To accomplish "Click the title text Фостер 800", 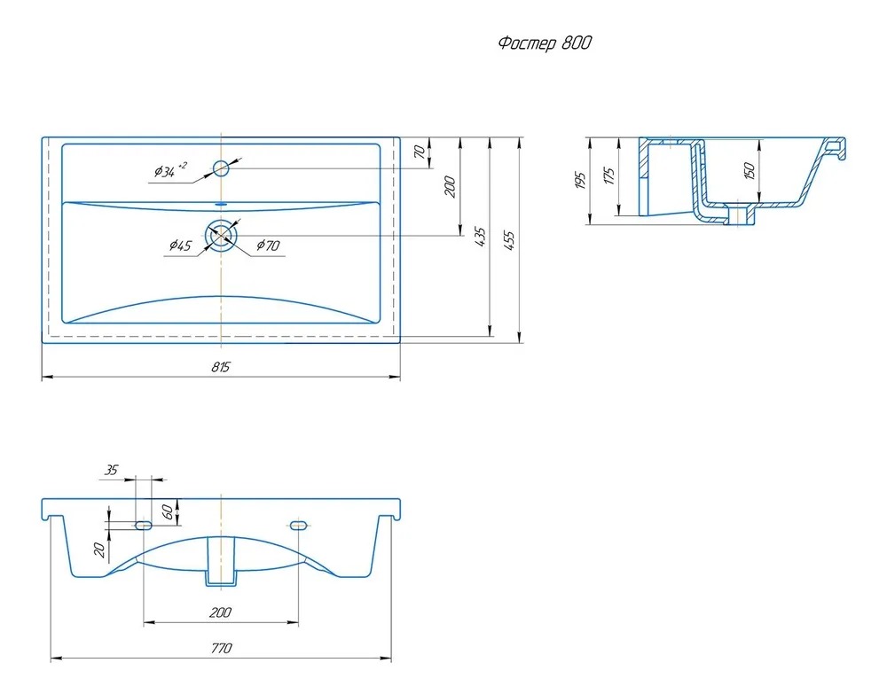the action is coord(545,43).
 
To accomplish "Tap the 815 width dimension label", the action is coord(221,367).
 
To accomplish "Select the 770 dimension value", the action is coord(221,648).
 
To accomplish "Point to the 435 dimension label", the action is coord(479,238).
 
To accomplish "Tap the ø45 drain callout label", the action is coord(180,246).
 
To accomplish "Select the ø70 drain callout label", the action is coord(268,246).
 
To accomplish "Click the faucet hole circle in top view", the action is coord(221,168).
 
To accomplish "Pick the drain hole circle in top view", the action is coord(221,235).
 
